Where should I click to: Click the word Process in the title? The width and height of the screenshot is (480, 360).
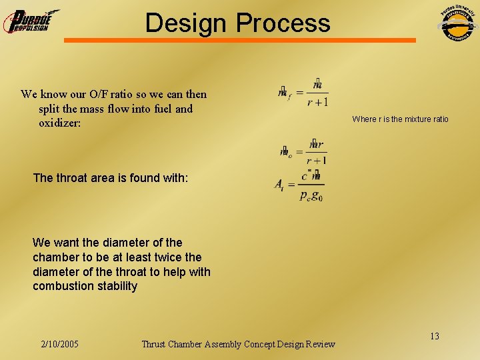(x=282, y=23)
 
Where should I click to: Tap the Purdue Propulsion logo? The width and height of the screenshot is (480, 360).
(x=30, y=21)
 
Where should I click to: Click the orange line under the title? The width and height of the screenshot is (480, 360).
(x=239, y=41)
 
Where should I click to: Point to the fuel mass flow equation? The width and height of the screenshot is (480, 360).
(x=303, y=93)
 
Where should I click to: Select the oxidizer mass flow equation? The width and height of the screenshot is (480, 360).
(x=303, y=151)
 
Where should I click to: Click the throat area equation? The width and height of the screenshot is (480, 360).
(x=299, y=186)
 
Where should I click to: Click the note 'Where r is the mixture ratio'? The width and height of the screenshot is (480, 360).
(x=400, y=119)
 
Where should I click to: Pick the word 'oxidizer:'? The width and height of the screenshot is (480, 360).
(x=60, y=123)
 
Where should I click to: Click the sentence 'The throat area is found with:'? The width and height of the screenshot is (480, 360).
(x=111, y=178)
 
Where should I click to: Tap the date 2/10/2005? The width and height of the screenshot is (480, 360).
(x=59, y=344)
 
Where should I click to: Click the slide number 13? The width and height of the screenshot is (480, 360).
(x=434, y=336)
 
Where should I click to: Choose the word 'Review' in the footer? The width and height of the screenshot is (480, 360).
(x=320, y=344)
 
